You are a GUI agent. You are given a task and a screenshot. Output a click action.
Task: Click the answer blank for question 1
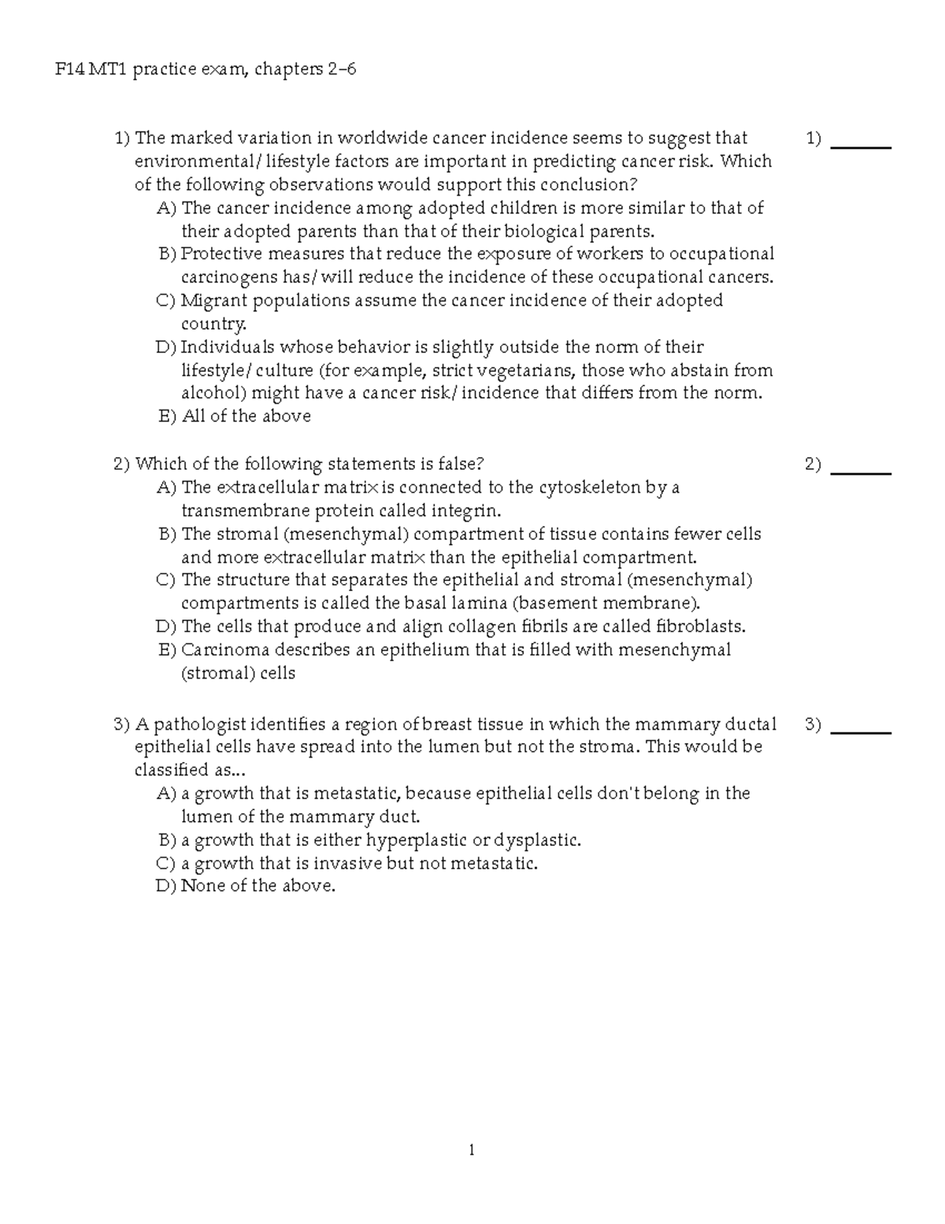[861, 145]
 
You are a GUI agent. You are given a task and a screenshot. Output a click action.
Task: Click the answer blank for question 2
[861, 471]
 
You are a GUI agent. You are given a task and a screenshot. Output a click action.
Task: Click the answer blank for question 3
[861, 731]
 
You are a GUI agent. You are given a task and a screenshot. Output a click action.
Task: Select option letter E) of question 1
[168, 416]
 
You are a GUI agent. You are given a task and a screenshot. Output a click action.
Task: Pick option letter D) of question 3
[167, 886]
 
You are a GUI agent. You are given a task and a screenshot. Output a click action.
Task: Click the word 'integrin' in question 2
[467, 511]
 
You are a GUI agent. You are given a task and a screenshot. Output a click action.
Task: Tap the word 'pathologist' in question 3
[200, 724]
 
